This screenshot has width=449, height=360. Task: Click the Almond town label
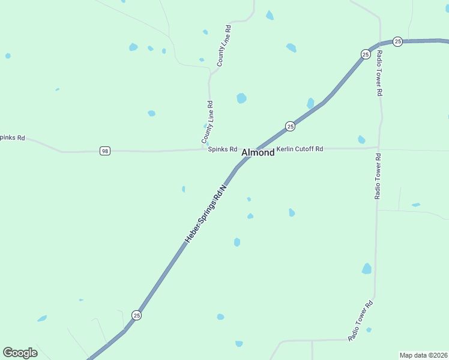(258, 153)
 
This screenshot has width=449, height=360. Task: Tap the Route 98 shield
(105, 151)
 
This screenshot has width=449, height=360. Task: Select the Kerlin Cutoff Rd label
(300, 149)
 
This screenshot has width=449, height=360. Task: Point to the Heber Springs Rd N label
(207, 213)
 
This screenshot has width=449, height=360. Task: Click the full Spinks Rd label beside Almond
(223, 149)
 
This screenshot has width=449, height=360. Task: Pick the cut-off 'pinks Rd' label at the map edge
(13, 137)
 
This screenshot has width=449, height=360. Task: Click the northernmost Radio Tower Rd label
(379, 73)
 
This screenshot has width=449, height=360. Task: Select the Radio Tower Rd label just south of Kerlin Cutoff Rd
(378, 176)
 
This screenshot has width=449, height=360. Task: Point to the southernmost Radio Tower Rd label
(361, 321)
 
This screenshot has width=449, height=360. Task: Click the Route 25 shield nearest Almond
(290, 126)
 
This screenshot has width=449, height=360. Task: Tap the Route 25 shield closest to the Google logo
(137, 315)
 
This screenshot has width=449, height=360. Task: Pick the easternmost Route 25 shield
(397, 41)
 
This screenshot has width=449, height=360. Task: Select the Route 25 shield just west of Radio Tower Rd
(366, 54)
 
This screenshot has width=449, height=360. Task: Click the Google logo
(20, 353)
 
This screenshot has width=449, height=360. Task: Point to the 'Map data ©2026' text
(424, 355)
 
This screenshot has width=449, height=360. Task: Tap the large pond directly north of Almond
(241, 98)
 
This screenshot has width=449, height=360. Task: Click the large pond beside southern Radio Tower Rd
(367, 269)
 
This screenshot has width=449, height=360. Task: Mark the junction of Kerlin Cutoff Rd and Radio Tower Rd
(378, 147)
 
